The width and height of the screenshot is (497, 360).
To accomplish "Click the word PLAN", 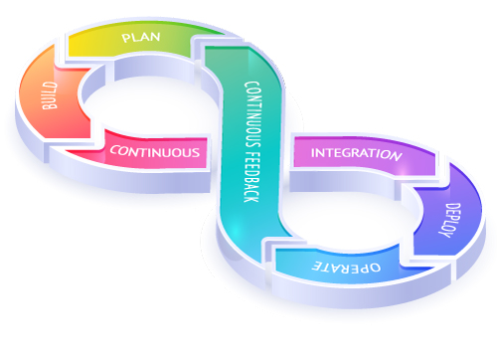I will (x=141, y=39).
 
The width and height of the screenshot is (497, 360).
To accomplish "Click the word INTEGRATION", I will (x=356, y=154).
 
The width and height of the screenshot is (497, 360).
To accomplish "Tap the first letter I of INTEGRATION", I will (x=314, y=154).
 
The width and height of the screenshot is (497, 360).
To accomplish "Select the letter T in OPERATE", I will (x=323, y=268).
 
